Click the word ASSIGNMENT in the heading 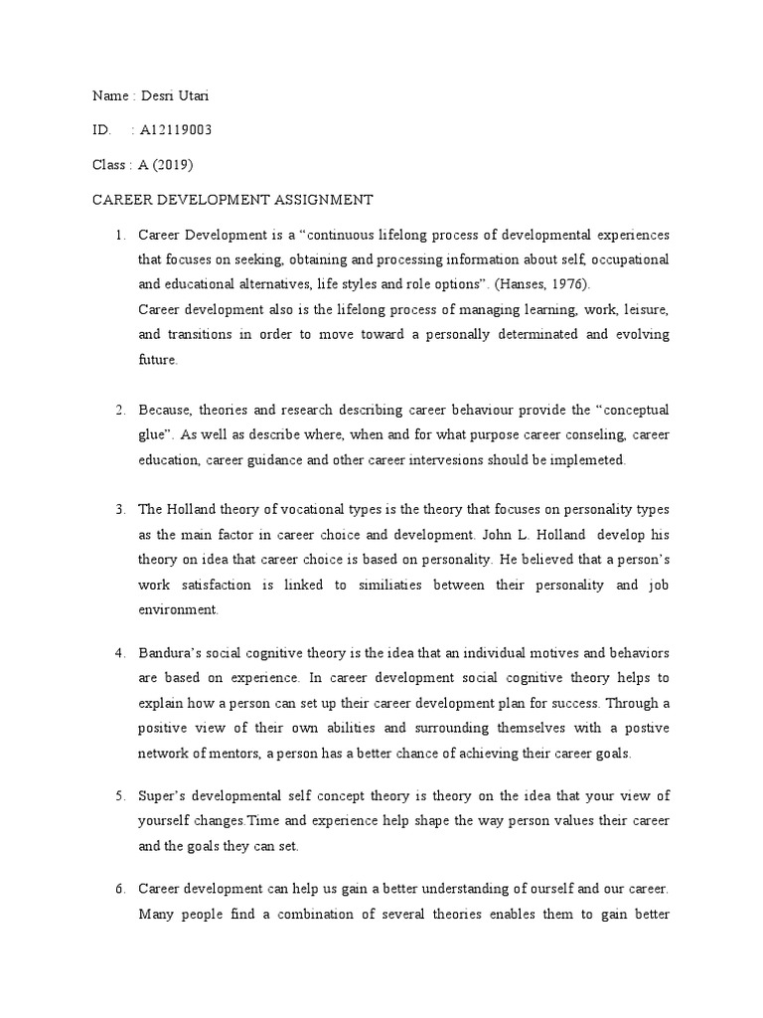(323, 200)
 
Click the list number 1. (118, 235)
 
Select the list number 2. (118, 410)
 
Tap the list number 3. (118, 509)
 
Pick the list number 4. (118, 653)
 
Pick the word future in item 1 (157, 360)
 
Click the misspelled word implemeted (588, 460)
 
